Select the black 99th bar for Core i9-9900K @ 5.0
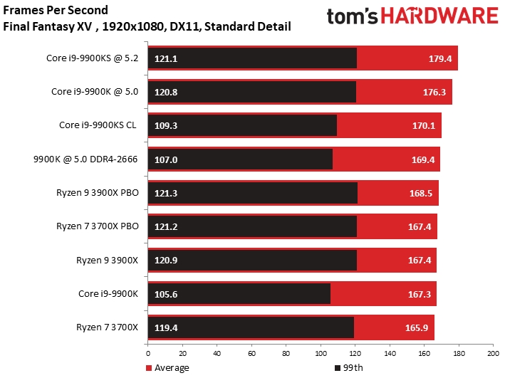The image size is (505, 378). pyautogui.click(x=251, y=92)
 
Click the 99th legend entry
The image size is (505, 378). pyautogui.click(x=348, y=367)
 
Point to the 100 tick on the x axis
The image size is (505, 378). pyautogui.click(x=320, y=354)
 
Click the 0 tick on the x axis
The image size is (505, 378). pyautogui.click(x=147, y=354)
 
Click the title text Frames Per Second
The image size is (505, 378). pyautogui.click(x=56, y=11)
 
